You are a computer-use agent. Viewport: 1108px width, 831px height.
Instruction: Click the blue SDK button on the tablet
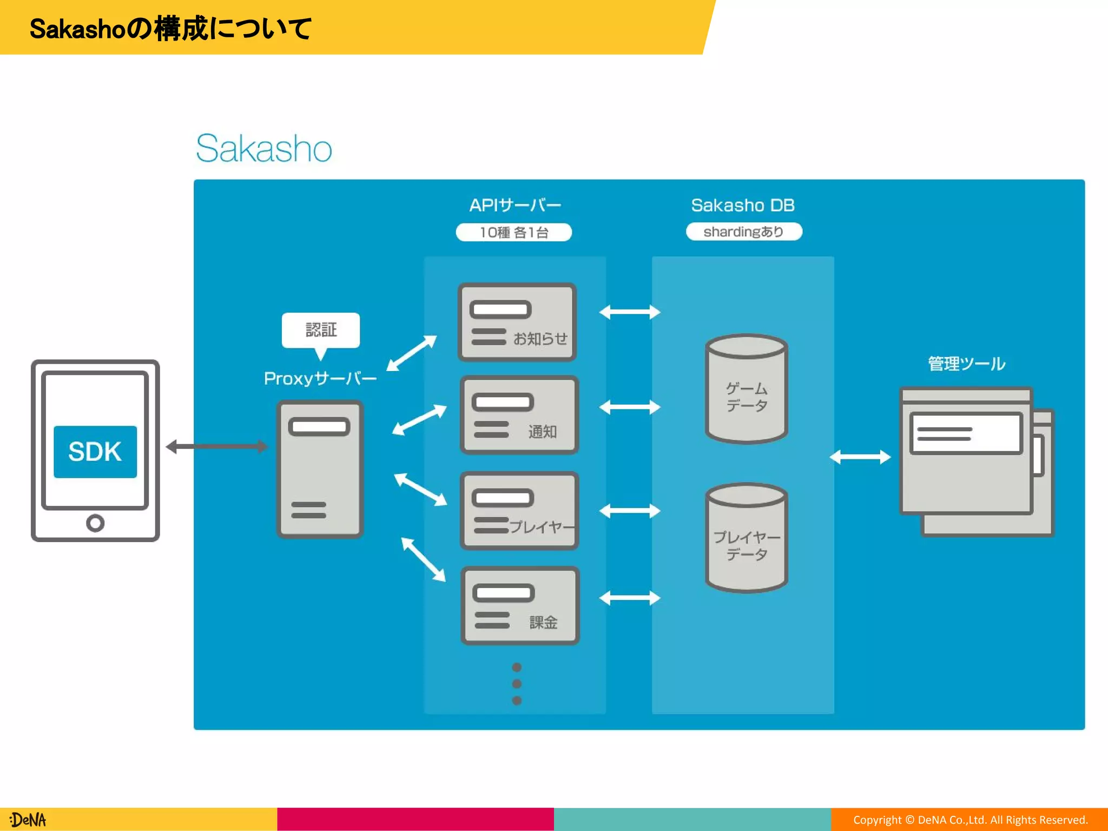click(95, 452)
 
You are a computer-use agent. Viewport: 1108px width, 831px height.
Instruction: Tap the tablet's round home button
click(95, 523)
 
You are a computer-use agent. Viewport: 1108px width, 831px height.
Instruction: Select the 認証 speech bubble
click(321, 329)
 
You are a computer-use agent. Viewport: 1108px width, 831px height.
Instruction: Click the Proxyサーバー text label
click(320, 378)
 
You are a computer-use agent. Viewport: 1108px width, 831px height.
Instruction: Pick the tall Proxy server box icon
click(320, 469)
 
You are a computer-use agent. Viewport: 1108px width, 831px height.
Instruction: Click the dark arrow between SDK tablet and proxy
click(216, 446)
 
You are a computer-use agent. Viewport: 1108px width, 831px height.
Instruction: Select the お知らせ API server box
click(517, 322)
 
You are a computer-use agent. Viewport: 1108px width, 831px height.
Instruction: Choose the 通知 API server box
click(519, 415)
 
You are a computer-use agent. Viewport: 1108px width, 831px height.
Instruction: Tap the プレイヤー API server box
click(519, 511)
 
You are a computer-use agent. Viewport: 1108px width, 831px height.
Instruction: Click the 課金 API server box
click(520, 605)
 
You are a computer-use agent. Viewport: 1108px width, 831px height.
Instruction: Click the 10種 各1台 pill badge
click(514, 232)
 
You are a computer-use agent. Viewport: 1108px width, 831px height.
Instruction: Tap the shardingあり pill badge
click(744, 232)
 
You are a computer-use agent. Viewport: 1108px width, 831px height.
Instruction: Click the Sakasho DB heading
click(743, 205)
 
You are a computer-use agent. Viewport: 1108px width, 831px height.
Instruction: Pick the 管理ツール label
click(966, 364)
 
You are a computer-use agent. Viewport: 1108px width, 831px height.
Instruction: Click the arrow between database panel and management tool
click(860, 457)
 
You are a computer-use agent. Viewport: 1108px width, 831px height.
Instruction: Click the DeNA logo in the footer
click(28, 820)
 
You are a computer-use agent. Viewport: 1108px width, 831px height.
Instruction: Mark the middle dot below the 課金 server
click(517, 684)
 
